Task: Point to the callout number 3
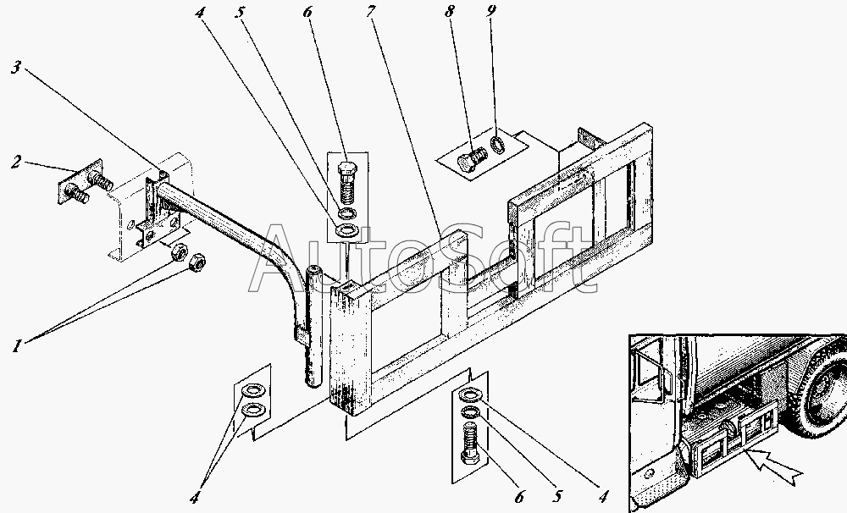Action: (16, 69)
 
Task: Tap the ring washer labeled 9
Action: (499, 142)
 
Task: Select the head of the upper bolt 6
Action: (347, 168)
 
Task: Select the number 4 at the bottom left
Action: (196, 496)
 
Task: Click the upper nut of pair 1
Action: (179, 252)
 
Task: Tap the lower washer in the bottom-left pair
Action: (252, 411)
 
